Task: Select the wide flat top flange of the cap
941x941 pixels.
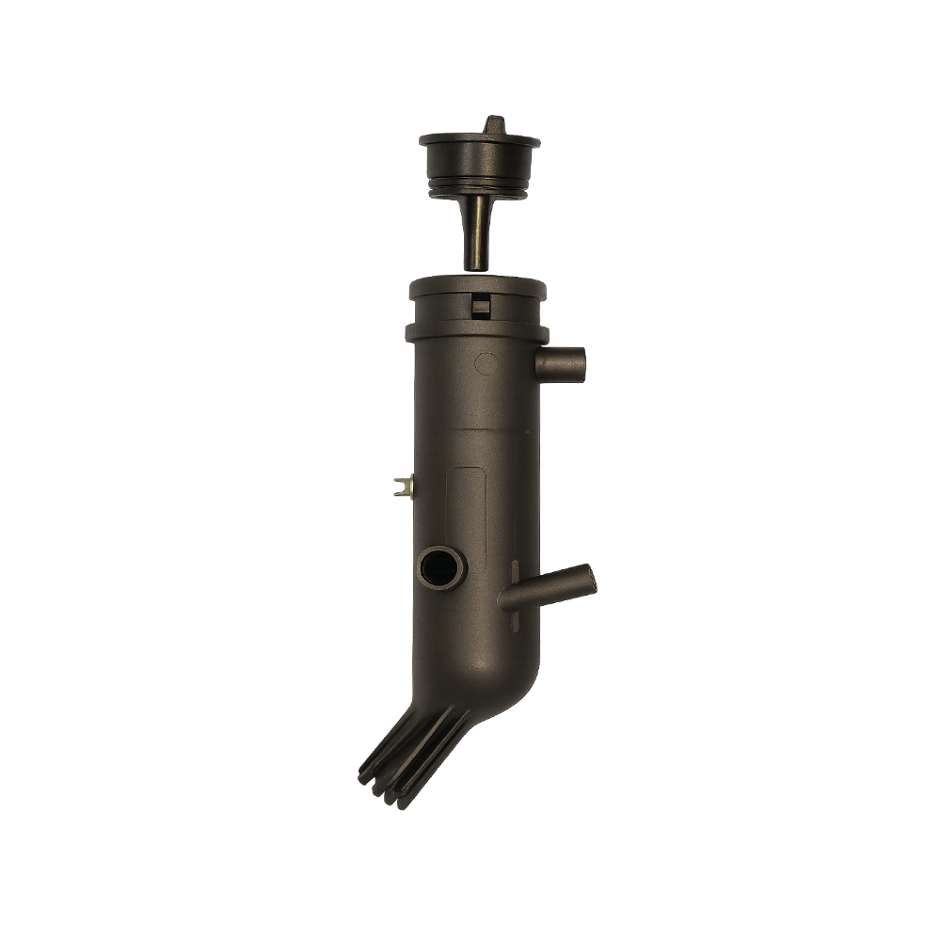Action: [479, 142]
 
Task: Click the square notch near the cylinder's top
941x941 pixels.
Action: [481, 305]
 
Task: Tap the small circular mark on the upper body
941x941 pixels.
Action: [486, 360]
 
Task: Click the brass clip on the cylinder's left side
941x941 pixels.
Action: [402, 486]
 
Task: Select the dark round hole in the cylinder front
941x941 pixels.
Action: [440, 567]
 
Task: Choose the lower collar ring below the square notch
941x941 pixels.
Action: [477, 332]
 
